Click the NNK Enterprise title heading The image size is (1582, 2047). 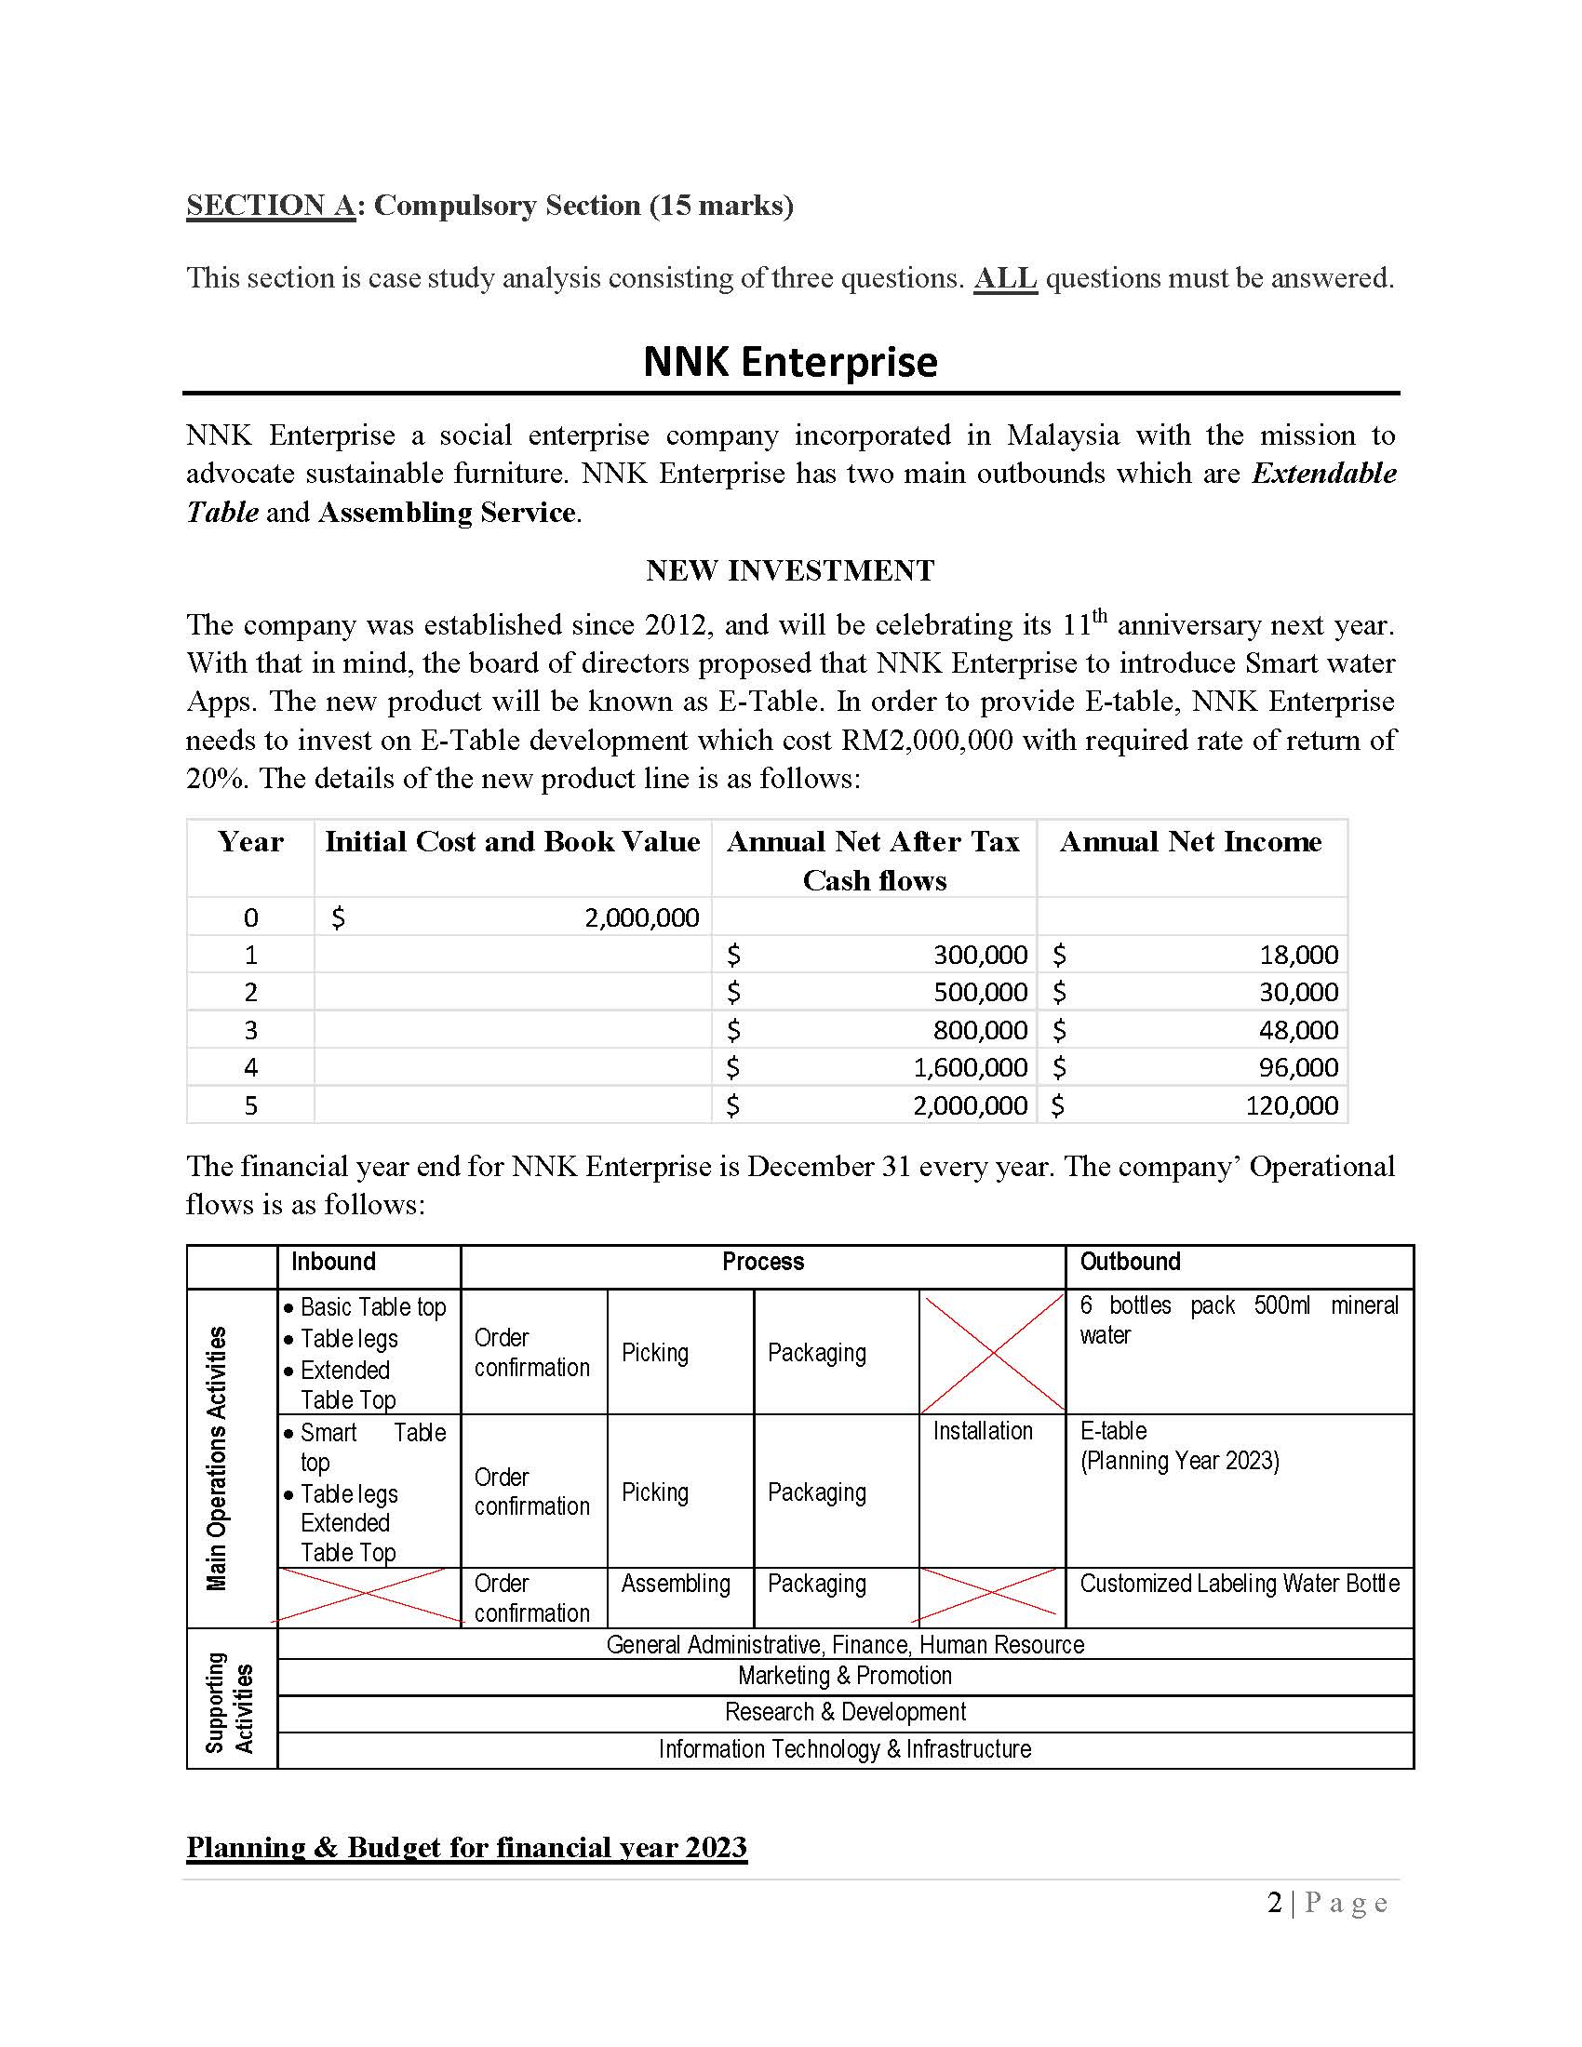[789, 362]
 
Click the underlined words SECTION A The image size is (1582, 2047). [270, 206]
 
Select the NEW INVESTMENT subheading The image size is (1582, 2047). [789, 569]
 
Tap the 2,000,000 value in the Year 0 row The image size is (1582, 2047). [641, 917]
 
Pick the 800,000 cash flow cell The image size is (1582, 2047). [979, 1030]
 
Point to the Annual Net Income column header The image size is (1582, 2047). [1190, 842]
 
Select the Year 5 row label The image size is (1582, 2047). [250, 1105]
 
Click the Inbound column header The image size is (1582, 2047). [333, 1262]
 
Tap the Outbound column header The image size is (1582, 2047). [1130, 1262]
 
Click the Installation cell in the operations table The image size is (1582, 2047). [982, 1431]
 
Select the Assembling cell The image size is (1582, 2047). [675, 1584]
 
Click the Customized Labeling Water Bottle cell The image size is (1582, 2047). [1239, 1584]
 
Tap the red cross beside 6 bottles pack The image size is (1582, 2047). [992, 1352]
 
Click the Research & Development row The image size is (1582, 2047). [844, 1712]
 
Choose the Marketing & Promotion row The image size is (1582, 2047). [844, 1676]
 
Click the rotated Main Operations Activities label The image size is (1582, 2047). [217, 1458]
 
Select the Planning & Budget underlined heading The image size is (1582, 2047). [466, 1847]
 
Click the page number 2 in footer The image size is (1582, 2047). [1274, 1904]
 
